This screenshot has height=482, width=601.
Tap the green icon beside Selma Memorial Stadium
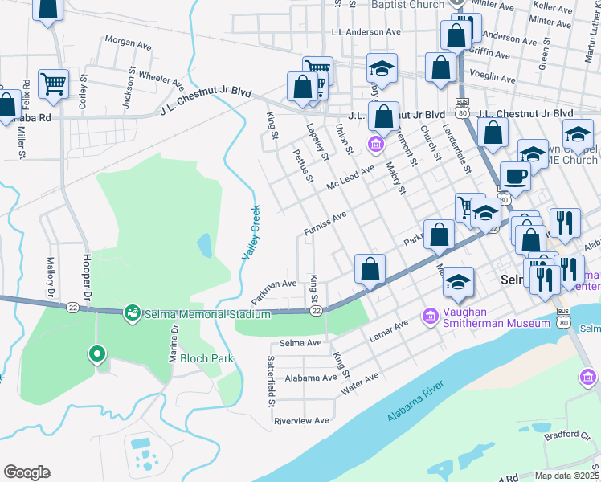pos(131,311)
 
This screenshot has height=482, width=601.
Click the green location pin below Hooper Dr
pos(97,353)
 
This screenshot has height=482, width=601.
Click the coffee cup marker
pos(514,176)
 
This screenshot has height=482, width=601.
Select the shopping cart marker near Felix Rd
pos(53,83)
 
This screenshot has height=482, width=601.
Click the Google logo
pos(27,472)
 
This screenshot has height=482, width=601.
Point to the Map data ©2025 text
pos(566,476)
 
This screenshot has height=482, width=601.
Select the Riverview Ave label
pos(302,420)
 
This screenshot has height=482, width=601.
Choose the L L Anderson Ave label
pos(366,32)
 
